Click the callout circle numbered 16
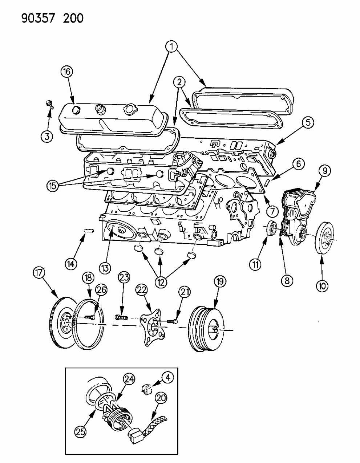pos(66,72)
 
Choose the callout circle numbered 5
pos(307,123)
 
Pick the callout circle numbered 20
pos(162,398)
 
